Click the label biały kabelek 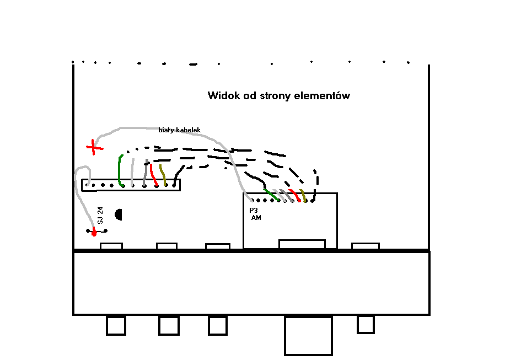tap(179, 130)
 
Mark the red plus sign tap(94, 147)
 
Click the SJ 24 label tap(100, 215)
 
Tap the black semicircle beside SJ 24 tap(118, 214)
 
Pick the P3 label tap(254, 211)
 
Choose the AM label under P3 tap(256, 218)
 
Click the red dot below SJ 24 tap(94, 234)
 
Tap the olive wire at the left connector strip tap(163, 174)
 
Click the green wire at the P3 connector tap(272, 194)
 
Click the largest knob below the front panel tap(308, 335)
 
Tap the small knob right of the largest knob tap(366, 324)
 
